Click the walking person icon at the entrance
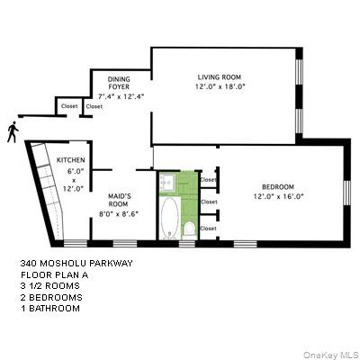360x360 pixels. tap(12, 131)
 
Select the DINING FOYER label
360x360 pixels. tap(121, 84)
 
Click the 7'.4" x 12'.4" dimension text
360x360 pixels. tap(121, 96)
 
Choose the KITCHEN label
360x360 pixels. tap(70, 160)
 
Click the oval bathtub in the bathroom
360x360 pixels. tap(168, 216)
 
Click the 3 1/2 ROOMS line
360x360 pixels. tap(49, 286)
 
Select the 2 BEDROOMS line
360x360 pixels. tap(51, 297)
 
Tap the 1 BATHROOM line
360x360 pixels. tap(50, 308)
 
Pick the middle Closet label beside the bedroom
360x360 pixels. tap(209, 202)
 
